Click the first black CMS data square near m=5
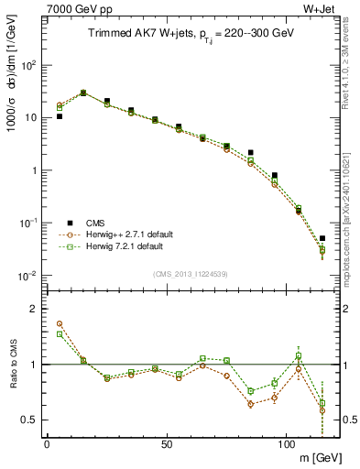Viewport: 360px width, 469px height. (60, 116)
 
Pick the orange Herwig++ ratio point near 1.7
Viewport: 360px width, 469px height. (60, 323)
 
